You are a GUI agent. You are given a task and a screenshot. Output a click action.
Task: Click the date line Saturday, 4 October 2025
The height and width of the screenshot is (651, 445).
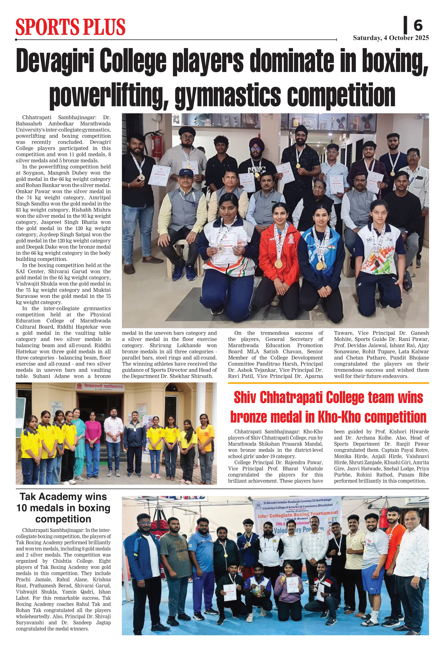pyautogui.click(x=391, y=38)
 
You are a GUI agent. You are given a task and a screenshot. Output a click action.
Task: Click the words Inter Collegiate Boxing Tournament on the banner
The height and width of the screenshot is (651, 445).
pyautogui.click(x=298, y=514)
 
